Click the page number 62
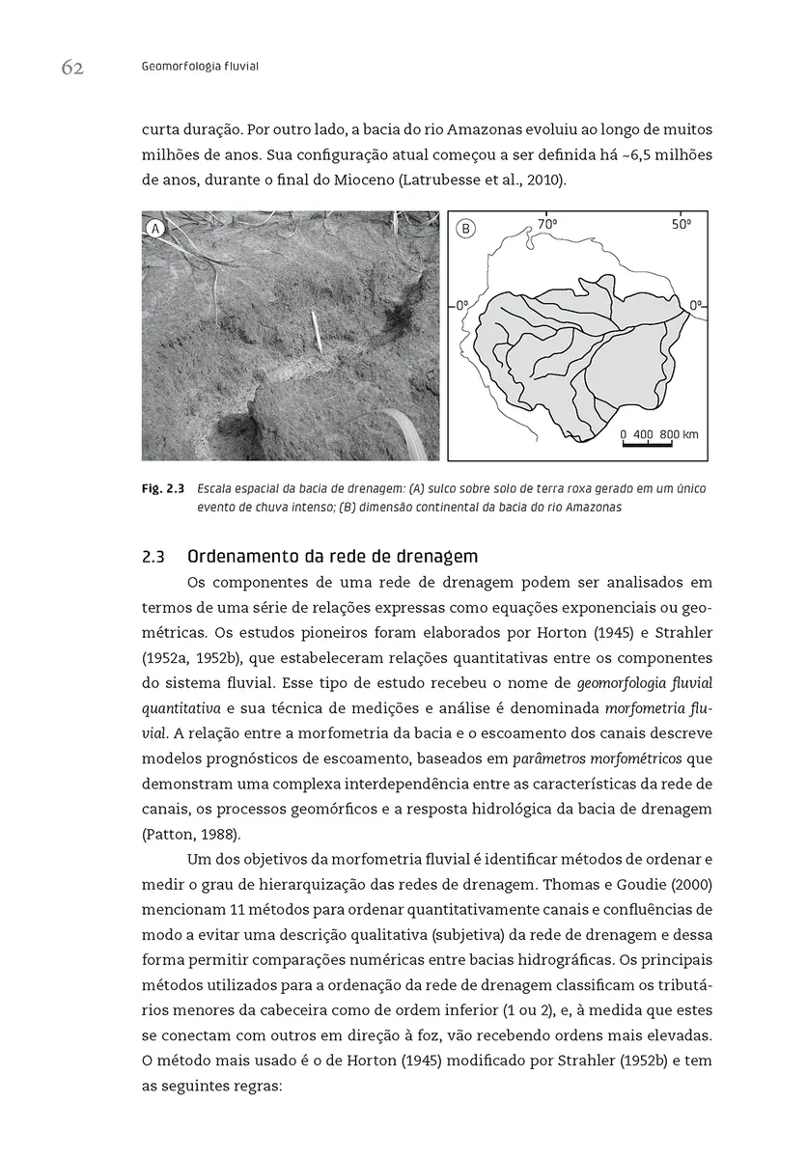click(x=72, y=67)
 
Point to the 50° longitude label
click(x=682, y=224)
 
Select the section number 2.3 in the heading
click(x=154, y=557)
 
